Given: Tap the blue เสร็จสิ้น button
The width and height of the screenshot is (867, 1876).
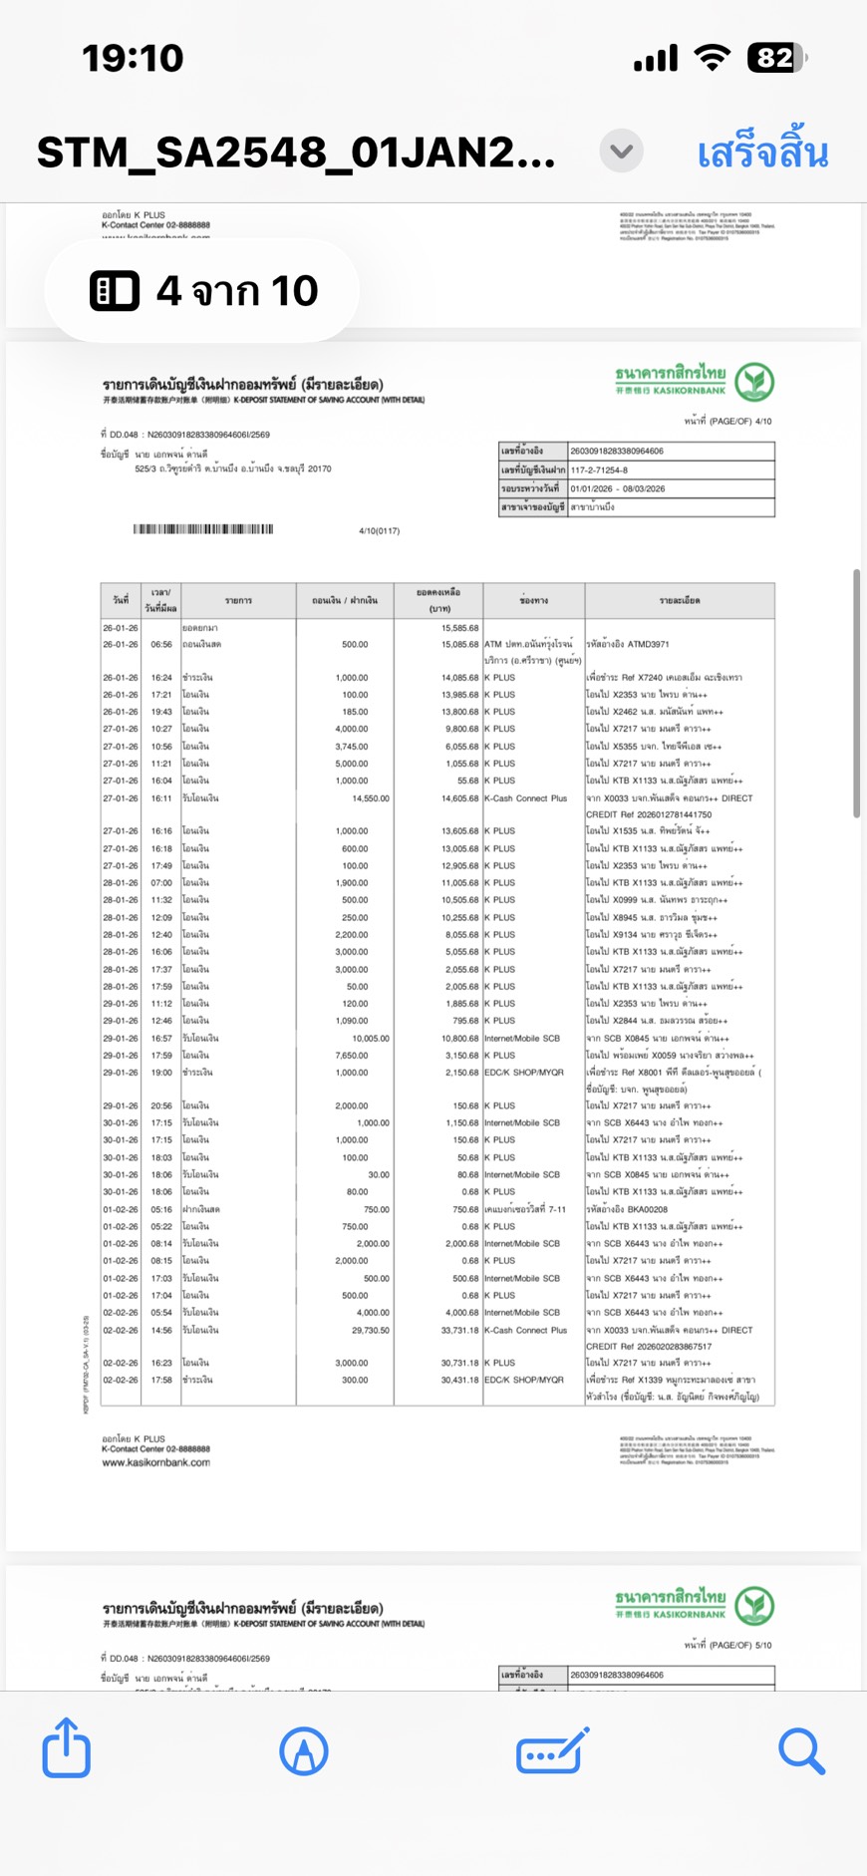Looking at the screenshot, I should (762, 154).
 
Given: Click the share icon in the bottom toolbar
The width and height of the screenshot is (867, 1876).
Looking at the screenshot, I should (67, 1748).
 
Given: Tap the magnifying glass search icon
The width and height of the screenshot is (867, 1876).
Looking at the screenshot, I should (801, 1750).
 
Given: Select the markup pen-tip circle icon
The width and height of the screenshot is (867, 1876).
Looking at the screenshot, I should (304, 1750).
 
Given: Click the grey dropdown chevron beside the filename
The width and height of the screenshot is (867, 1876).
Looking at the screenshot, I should (621, 152).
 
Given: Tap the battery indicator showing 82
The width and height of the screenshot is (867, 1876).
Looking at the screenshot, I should (776, 58).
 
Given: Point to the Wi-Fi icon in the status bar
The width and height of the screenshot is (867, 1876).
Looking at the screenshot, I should (712, 58).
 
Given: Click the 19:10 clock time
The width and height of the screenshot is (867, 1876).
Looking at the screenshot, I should (133, 58).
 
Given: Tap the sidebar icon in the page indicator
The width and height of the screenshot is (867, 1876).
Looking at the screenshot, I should (115, 291).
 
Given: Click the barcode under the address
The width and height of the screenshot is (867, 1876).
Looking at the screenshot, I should (203, 529).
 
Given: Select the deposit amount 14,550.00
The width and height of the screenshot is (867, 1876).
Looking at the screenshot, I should (371, 798).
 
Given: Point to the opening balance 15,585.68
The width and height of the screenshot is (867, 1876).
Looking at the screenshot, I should (459, 628).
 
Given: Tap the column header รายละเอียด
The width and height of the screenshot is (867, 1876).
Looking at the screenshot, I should (679, 601).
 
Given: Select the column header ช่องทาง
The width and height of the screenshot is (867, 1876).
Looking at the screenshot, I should (533, 601).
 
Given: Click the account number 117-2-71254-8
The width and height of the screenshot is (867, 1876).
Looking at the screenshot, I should (599, 469).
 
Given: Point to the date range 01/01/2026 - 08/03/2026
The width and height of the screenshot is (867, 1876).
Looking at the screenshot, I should (618, 488).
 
